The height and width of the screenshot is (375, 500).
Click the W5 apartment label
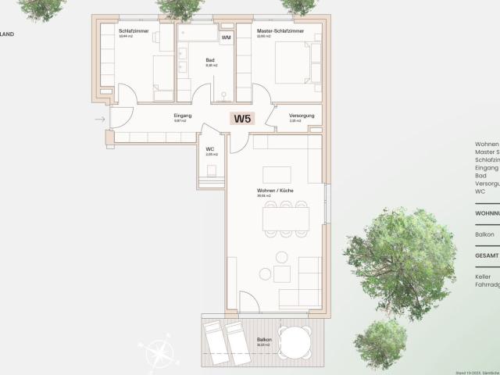[242, 120]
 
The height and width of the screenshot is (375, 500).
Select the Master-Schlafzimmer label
[279, 30]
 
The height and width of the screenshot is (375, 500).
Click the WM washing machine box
[226, 37]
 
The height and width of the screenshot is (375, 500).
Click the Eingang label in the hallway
[182, 116]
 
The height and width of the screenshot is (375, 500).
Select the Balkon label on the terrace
[264, 339]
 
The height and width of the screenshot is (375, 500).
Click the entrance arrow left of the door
[100, 119]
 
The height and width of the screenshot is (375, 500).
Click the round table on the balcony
[297, 341]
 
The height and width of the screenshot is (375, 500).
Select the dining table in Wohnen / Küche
[284, 219]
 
